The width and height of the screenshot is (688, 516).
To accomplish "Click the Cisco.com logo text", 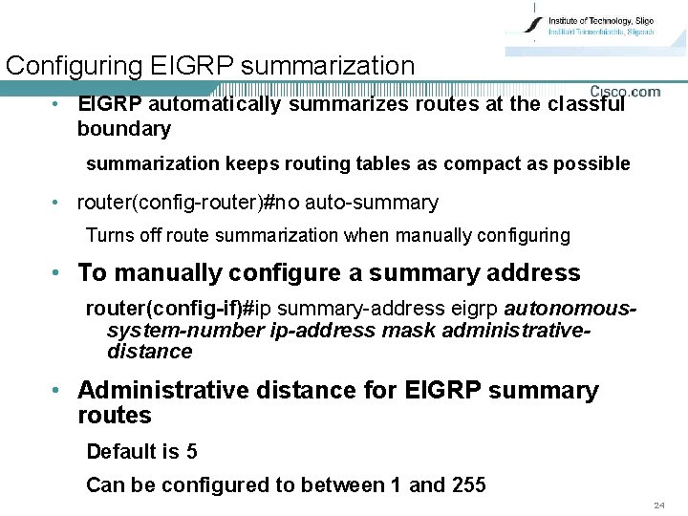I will click(x=624, y=92).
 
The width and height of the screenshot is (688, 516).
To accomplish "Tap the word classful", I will click(x=586, y=103).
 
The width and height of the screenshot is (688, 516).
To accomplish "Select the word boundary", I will click(x=123, y=128).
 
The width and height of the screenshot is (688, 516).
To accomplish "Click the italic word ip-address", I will click(x=326, y=331).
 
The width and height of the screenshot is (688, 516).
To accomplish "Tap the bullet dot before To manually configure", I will click(x=58, y=273).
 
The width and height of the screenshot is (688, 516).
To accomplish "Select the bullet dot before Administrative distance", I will click(x=58, y=391).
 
